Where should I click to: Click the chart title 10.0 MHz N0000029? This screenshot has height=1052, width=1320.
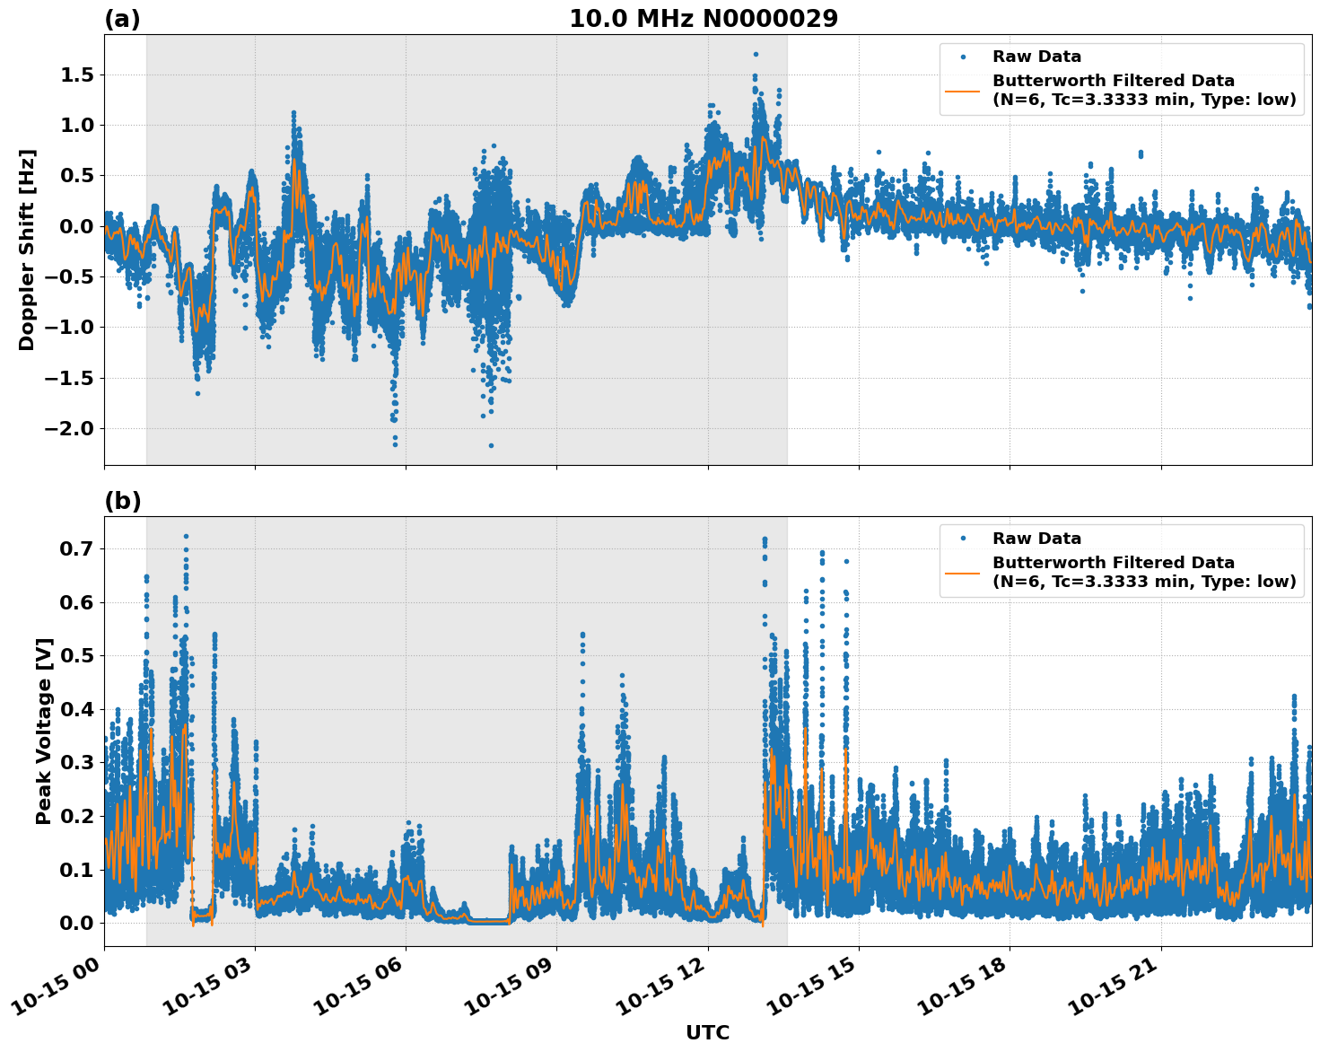point(703,19)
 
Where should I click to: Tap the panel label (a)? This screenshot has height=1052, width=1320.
point(122,19)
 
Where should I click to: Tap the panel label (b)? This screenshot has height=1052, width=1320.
point(123,501)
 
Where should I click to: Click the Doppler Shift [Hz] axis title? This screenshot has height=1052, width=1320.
point(27,250)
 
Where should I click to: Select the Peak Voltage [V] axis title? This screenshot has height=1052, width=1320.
point(44,731)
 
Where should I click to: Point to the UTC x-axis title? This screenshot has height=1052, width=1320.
point(707,1032)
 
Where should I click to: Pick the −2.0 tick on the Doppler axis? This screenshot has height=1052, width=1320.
point(69,428)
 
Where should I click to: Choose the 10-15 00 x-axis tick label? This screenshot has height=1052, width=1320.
point(59,987)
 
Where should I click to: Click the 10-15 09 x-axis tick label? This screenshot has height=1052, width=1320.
point(511,987)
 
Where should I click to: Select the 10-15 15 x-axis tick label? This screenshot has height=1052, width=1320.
point(814,987)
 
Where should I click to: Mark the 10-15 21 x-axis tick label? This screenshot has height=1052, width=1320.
point(1116,987)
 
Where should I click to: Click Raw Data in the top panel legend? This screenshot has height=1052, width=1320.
point(1036,57)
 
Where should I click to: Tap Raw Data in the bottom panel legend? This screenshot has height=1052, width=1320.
point(1036,539)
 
